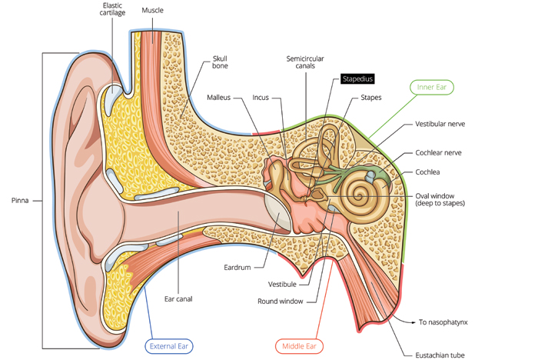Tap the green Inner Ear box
[x=431, y=88]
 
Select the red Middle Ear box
[x=299, y=346]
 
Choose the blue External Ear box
[x=169, y=346]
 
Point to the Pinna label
[x=20, y=200]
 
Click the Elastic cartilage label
[x=111, y=10]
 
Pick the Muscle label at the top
[x=152, y=10]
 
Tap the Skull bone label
[x=220, y=63]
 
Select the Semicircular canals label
[x=301, y=62]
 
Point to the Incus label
[x=261, y=98]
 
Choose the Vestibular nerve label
[x=440, y=124]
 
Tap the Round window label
[x=280, y=301]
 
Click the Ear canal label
[x=178, y=298]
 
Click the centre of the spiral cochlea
[x=358, y=191]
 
